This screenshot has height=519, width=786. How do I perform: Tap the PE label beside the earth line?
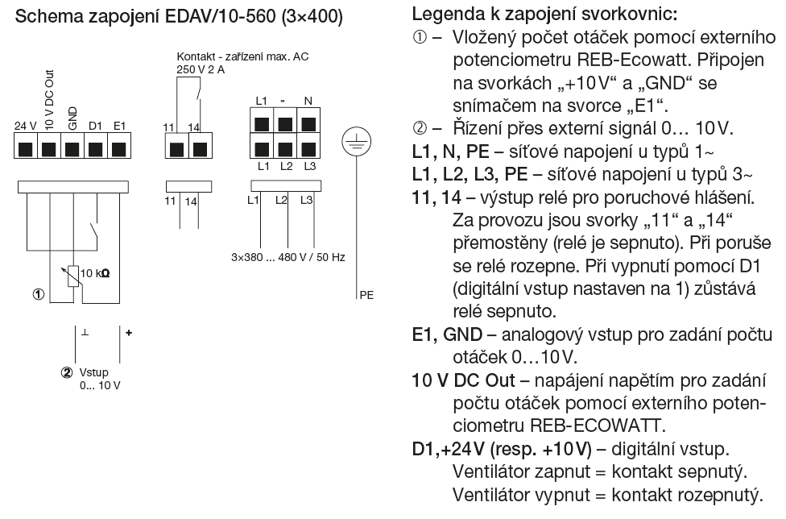pyautogui.click(x=366, y=295)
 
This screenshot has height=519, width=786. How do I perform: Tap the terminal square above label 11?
pyautogui.click(x=176, y=149)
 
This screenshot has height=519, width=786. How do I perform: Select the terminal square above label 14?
pyautogui.click(x=199, y=149)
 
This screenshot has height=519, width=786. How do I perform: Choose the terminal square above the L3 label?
pyautogui.click(x=308, y=148)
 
